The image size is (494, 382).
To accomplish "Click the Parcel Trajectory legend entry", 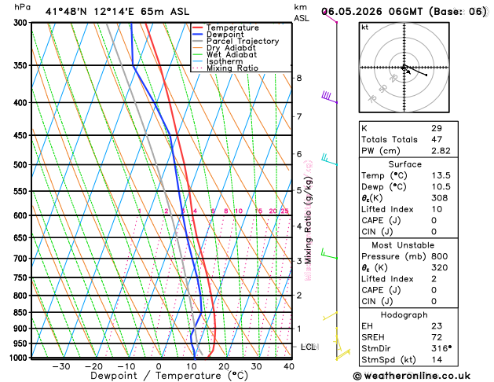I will (242, 41).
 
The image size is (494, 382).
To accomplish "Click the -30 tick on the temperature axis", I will (60, 366).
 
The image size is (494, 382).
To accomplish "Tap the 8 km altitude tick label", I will (298, 78).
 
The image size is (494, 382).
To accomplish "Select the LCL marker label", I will (309, 347).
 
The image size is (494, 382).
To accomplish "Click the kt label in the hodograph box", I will (364, 27).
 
